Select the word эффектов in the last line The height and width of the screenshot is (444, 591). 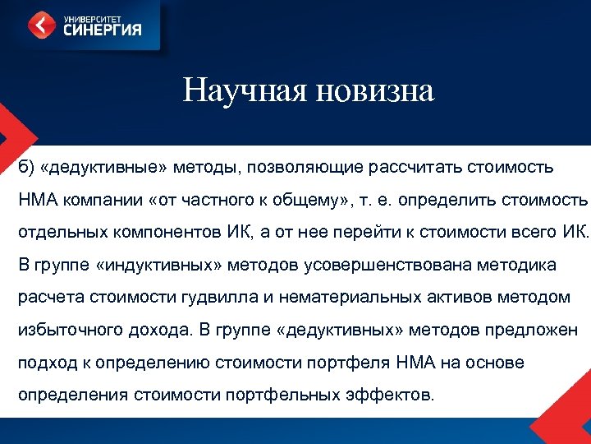coord(383,394)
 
